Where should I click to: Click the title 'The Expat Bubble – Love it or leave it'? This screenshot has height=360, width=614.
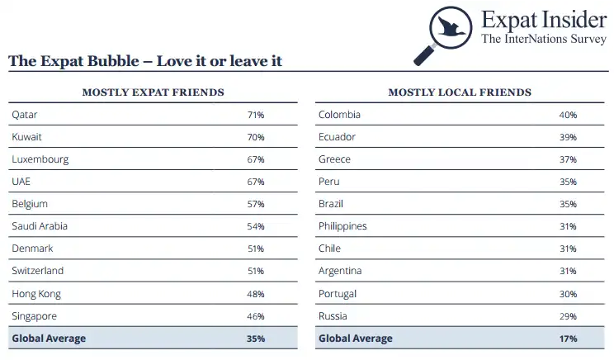coord(145,61)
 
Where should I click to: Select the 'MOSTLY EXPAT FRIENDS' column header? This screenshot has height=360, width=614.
coord(153,92)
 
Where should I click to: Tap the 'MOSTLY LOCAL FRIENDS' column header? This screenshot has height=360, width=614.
coord(459,92)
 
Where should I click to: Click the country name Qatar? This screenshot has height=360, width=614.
coord(25,115)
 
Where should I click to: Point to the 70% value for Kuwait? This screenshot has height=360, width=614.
coord(255,137)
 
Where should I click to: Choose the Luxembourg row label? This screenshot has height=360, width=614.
coord(40,159)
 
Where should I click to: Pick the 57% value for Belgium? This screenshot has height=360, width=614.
coord(255,204)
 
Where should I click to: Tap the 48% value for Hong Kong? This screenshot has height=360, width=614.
coord(255,294)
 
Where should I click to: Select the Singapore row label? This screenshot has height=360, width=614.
coord(35,316)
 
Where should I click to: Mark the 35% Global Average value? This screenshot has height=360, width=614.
coord(255,339)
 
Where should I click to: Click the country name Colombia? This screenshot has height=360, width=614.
coord(339,115)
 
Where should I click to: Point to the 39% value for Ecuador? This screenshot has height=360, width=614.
coord(568,137)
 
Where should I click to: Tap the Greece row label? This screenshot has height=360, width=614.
coord(334,159)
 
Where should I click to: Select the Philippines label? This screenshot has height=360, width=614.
coord(342,226)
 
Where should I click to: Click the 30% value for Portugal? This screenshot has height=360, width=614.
coord(568,294)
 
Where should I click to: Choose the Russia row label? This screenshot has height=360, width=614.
coord(333,316)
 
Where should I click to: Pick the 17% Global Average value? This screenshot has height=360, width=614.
coord(568,339)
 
